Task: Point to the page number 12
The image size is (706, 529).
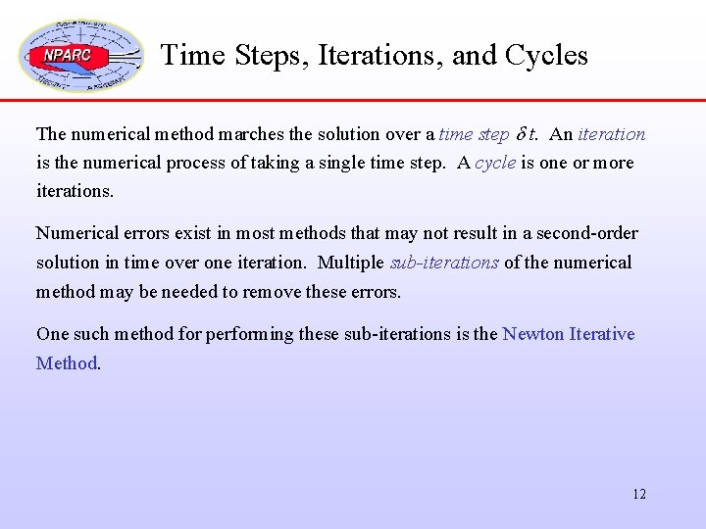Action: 638,494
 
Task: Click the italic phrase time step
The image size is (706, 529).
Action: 474,134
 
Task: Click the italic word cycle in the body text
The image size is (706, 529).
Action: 495,163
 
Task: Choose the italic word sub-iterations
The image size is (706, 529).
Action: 444,263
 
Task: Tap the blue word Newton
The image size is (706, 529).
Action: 533,334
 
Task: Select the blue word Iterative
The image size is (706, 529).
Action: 602,334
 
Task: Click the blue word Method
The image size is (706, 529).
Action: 67,363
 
